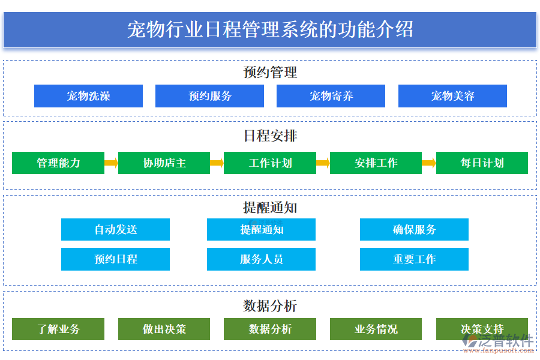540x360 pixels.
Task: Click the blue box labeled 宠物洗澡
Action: point(88,96)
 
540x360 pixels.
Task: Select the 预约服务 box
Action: point(209,96)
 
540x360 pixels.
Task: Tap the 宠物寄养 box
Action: point(331,96)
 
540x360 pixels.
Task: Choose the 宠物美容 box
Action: point(452,96)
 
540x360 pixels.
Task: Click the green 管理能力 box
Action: point(58,163)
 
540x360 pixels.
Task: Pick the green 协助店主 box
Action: point(164,163)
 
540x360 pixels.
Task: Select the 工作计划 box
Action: point(270,163)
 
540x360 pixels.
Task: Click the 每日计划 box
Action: point(482,163)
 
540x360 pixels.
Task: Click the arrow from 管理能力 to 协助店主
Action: point(111,163)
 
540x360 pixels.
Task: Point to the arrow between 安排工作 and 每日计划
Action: point(428,163)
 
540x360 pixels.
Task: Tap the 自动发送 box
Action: point(115,229)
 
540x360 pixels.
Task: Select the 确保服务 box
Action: point(414,229)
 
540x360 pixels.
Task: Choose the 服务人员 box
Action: point(261,259)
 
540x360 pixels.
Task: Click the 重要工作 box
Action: point(414,259)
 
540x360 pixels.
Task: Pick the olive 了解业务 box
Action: point(58,329)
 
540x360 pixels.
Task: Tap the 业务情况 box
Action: point(376,329)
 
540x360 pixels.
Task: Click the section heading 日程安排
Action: point(270,136)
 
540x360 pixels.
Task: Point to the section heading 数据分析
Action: point(270,306)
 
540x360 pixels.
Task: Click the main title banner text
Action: point(270,29)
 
